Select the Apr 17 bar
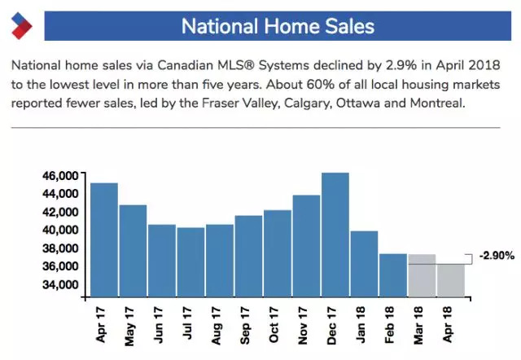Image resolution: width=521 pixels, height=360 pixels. click(103, 239)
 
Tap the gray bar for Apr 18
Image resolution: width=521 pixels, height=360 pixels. click(451, 280)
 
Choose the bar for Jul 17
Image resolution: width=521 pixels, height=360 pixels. click(190, 261)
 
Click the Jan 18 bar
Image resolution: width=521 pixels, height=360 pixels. click(364, 263)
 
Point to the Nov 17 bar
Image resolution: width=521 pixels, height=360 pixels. click(306, 245)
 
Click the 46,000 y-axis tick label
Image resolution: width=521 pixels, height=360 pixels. click(61, 176)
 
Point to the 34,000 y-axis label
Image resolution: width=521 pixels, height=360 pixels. click(61, 284)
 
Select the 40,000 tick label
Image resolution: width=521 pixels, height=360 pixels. click(61, 230)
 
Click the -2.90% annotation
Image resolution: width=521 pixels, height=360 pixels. click(496, 256)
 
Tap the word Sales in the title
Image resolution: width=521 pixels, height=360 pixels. click(346, 26)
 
